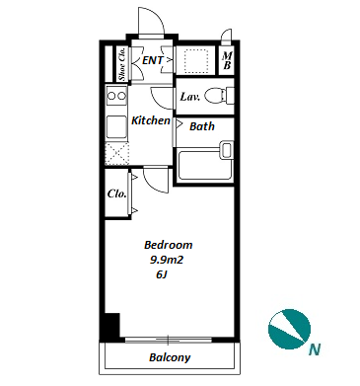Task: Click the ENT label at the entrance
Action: pos(153,60)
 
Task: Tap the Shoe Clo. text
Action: pos(122,64)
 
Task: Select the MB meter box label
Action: pos(227,61)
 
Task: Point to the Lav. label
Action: pos(190,97)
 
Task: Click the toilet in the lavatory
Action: pos(219,96)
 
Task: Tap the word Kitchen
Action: pos(151,120)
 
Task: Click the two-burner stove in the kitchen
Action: pos(116,96)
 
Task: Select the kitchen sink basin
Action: pos(116,127)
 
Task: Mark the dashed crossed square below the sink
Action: pos(116,154)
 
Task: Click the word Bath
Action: pos(202,126)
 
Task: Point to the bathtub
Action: pos(204,165)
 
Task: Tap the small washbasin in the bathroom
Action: pos(227,149)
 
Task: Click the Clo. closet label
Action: pos(116,193)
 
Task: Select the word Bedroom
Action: pos(168,245)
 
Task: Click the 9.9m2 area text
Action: pos(167,260)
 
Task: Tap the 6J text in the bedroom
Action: pos(162,274)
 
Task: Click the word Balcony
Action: pos(170,357)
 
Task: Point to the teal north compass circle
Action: pos(289,329)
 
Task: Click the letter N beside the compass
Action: pos(315,349)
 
